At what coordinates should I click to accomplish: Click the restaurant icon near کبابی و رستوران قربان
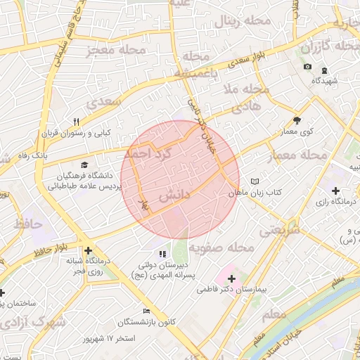pos(77,121)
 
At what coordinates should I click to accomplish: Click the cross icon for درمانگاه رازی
pos(335,191)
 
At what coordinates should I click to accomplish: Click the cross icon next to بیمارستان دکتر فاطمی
pos(231,278)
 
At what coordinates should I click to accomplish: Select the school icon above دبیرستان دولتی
pos(162,253)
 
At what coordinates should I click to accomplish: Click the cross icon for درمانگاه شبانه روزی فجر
pos(88,250)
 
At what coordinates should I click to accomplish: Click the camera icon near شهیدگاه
pos(307,67)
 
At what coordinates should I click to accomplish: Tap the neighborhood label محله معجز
pos(116,50)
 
